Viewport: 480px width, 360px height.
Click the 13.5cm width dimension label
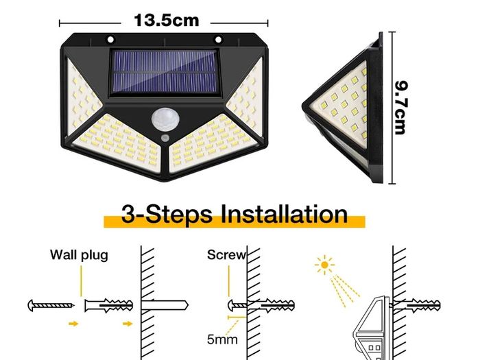[x=166, y=21]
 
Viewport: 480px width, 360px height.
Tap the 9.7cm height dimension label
[x=400, y=108]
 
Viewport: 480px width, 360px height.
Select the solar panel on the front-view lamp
[x=165, y=72]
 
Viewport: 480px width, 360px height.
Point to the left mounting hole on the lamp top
[x=110, y=40]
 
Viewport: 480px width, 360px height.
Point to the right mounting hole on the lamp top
[x=218, y=40]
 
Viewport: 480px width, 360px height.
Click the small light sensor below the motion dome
[x=165, y=137]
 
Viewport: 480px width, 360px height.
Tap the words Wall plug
[x=79, y=255]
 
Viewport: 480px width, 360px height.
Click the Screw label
[x=226, y=255]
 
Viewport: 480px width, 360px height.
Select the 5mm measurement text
[x=222, y=339]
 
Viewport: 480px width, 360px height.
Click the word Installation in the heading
[x=284, y=214]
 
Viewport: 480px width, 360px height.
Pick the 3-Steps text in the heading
[x=167, y=214]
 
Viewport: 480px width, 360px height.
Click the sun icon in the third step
[x=324, y=265]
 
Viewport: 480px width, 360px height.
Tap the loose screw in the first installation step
[x=51, y=305]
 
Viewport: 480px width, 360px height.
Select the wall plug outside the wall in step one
[x=108, y=305]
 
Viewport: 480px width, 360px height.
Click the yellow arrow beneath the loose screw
[x=73, y=324]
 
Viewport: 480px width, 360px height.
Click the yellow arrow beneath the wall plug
[x=128, y=324]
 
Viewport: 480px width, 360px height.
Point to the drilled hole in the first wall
[x=165, y=305]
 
